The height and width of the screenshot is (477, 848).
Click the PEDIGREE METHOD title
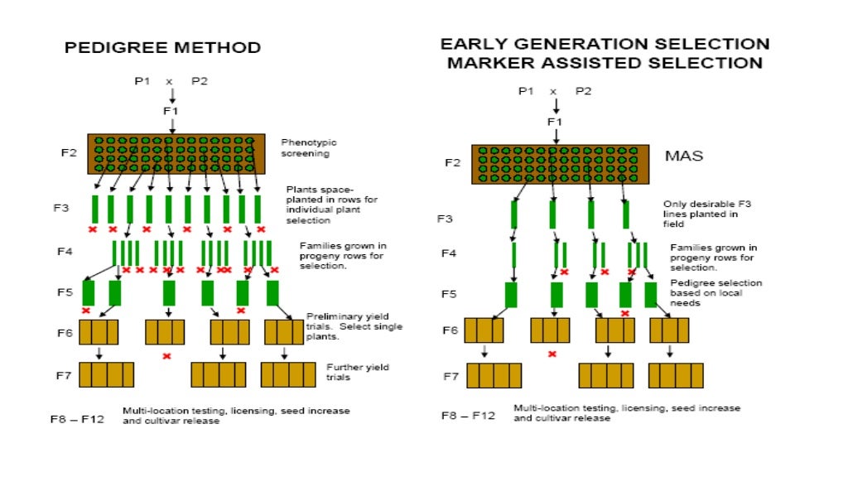(x=163, y=48)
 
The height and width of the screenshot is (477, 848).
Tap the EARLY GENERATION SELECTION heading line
(x=605, y=44)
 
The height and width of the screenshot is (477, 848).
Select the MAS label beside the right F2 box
(x=684, y=156)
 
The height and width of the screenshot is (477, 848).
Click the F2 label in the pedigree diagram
(x=69, y=153)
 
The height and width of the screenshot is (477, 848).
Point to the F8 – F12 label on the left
(x=77, y=420)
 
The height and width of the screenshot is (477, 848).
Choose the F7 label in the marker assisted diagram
(x=450, y=376)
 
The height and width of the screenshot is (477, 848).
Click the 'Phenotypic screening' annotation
(x=309, y=147)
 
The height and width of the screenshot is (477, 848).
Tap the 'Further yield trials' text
(x=357, y=372)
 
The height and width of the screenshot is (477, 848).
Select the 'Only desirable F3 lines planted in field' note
(x=700, y=214)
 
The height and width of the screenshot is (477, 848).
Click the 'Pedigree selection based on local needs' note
(x=716, y=293)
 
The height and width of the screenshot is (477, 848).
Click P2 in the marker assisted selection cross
(x=583, y=91)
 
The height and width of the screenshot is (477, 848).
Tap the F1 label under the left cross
(x=171, y=110)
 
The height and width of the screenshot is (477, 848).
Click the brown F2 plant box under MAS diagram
(x=554, y=164)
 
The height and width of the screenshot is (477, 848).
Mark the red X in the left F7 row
(x=166, y=356)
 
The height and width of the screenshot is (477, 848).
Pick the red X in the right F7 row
(x=552, y=354)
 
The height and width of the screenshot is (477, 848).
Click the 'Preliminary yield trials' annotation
(x=354, y=326)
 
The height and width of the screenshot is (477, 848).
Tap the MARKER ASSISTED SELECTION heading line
(x=605, y=63)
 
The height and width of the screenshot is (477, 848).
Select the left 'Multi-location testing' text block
(x=236, y=416)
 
